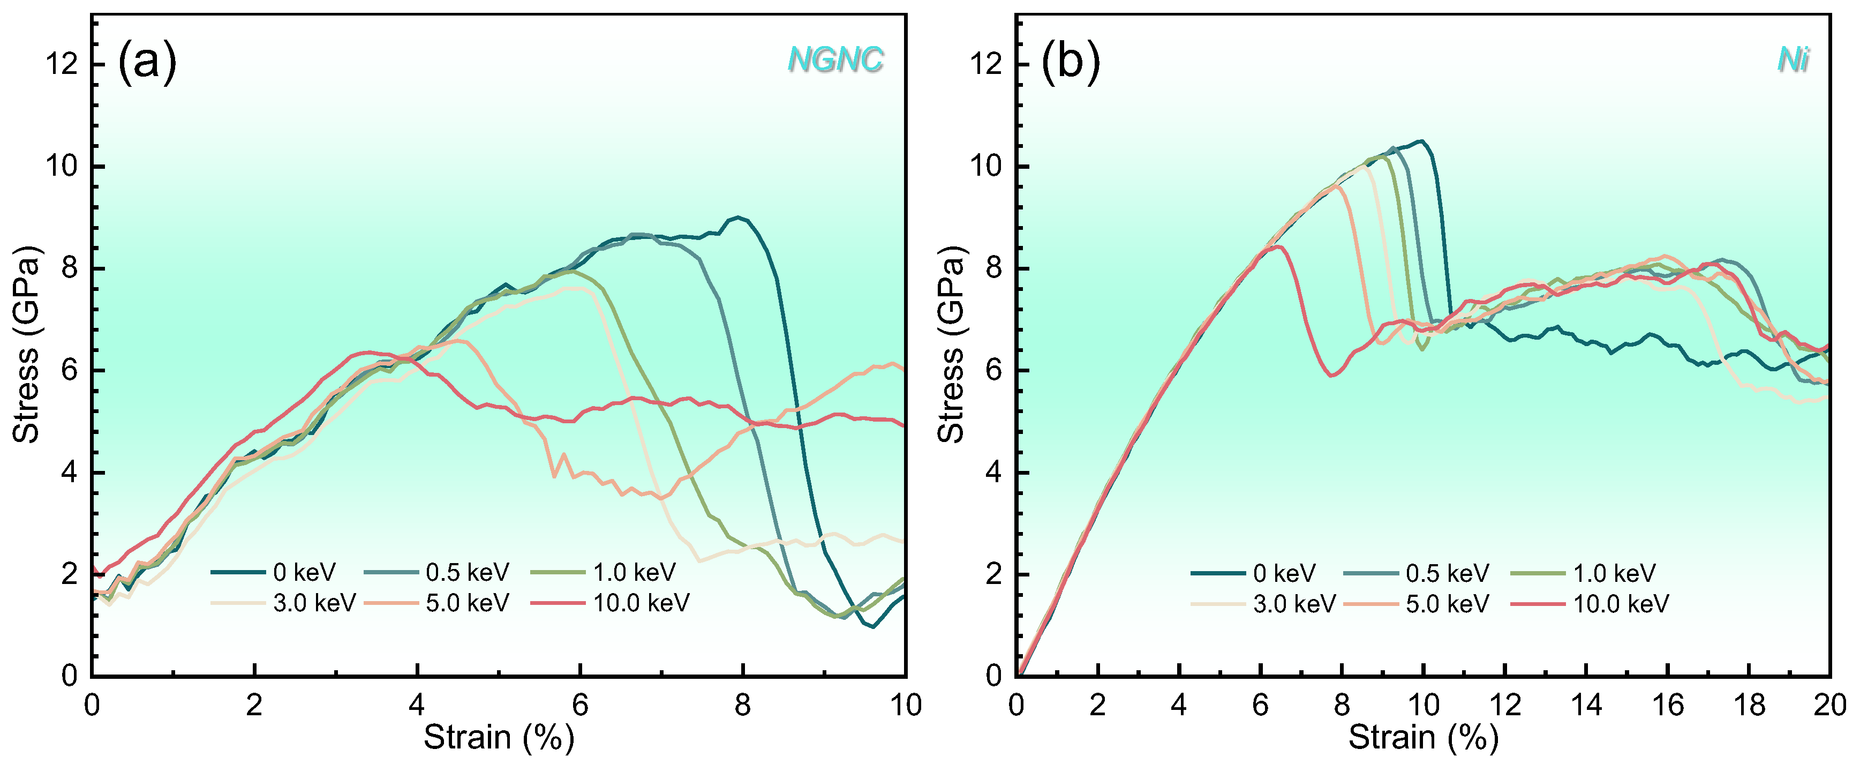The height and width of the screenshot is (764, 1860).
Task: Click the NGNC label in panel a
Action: coord(835,59)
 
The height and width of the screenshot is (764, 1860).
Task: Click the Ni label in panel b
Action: coord(1794,59)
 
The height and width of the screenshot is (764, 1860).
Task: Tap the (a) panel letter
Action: coord(147,62)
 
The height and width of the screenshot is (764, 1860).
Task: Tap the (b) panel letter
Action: coord(1070,62)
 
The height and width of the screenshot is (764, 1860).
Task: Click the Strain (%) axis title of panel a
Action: coord(498,738)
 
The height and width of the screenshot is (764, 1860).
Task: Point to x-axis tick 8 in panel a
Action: coord(742,705)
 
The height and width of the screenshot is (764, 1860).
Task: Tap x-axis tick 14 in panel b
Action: coord(1586,705)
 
